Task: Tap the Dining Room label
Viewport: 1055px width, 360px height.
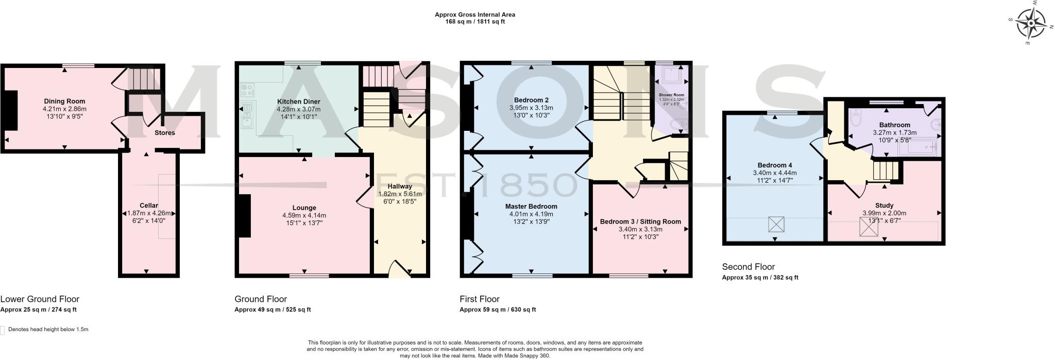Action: pyautogui.click(x=64, y=101)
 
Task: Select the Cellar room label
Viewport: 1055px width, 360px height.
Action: pyautogui.click(x=149, y=205)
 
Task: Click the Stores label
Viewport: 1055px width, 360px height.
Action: pyautogui.click(x=165, y=133)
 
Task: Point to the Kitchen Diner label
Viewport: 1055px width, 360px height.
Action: pyautogui.click(x=298, y=101)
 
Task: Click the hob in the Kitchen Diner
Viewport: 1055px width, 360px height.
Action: pyautogui.click(x=247, y=91)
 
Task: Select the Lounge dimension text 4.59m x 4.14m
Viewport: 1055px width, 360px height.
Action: pyautogui.click(x=304, y=215)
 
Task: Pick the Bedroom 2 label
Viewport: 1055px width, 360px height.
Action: pyautogui.click(x=531, y=100)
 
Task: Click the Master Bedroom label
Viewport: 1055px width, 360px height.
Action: pyautogui.click(x=531, y=206)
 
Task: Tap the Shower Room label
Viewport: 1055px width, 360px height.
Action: pyautogui.click(x=671, y=95)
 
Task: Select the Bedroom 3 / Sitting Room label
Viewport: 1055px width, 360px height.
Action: pyautogui.click(x=640, y=221)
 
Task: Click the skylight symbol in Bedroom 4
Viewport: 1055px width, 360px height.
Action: pyautogui.click(x=776, y=225)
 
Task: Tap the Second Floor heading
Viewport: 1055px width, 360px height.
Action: pyautogui.click(x=748, y=267)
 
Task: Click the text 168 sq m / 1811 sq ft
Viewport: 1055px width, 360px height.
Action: pyautogui.click(x=475, y=22)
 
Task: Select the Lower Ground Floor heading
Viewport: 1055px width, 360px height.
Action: pyautogui.click(x=40, y=299)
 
